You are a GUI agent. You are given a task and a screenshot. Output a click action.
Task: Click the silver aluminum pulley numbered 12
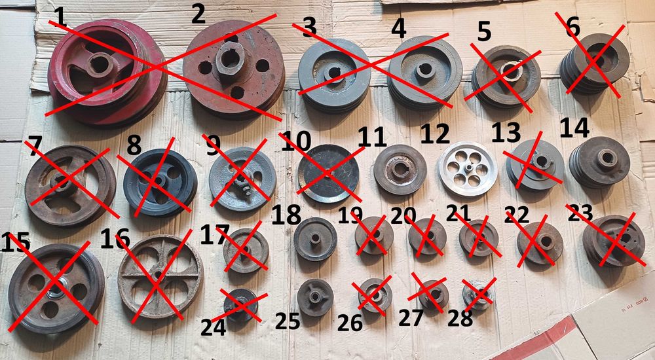pos(468,169)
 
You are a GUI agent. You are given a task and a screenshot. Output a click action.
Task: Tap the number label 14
pos(574,128)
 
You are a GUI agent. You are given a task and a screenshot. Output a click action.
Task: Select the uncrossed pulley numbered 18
pos(315,240)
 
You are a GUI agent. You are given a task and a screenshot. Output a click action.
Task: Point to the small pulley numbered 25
pos(315,297)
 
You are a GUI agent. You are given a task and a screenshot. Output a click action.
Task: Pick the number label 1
pos(60,17)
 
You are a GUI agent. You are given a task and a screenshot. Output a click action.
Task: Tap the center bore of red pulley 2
pos(230,59)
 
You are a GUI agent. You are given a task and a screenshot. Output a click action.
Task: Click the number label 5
pos(484,33)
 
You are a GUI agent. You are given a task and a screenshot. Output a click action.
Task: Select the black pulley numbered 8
pos(160,183)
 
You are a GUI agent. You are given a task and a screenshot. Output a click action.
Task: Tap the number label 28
pos(460,318)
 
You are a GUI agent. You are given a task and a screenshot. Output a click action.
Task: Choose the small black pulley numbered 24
pos(240,305)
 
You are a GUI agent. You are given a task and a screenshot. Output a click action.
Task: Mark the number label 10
pos(296,141)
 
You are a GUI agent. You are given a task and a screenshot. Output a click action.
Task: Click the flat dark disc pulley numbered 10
pos(328,173)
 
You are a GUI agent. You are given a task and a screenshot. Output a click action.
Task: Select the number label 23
pos(580,213)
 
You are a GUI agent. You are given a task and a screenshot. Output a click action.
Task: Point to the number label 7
pos(35,143)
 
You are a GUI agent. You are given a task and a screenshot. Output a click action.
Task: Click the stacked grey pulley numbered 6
pos(594,63)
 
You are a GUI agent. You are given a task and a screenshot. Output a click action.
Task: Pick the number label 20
pos(404,216)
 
